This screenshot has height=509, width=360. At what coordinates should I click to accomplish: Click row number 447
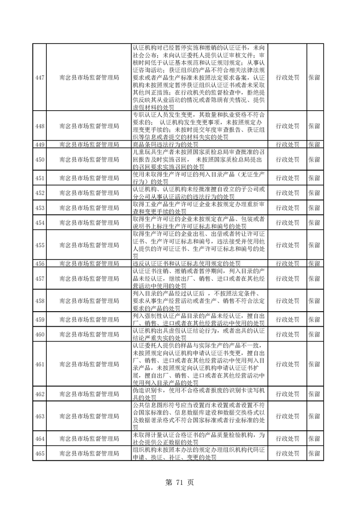(x=39, y=78)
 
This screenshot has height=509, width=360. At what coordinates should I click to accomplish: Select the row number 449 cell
(x=39, y=145)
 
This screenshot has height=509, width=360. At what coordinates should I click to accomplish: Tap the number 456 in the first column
(x=39, y=264)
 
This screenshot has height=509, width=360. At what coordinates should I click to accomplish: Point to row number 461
(x=39, y=364)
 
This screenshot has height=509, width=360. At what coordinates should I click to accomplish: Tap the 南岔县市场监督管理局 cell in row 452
(x=89, y=193)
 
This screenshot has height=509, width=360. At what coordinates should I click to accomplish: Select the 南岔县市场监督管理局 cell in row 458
(x=89, y=301)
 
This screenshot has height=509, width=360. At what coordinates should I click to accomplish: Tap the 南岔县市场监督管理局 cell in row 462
(x=89, y=394)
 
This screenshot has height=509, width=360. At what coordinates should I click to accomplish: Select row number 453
(x=39, y=208)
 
